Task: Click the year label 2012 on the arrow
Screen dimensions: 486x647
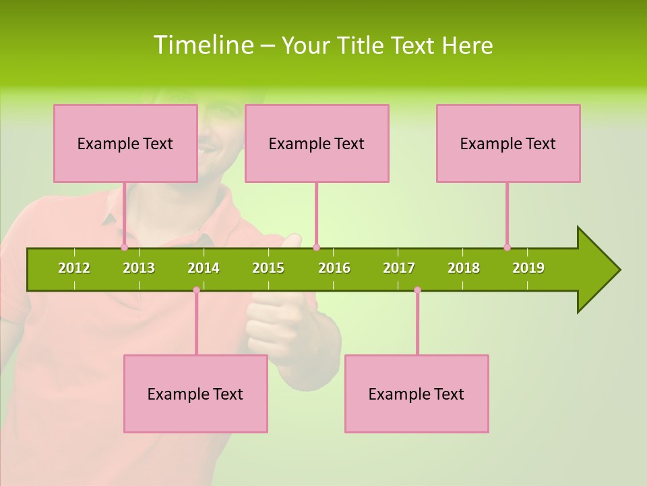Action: pyautogui.click(x=74, y=268)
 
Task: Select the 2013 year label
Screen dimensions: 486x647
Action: pyautogui.click(x=139, y=268)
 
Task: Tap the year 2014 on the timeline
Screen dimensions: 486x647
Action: pyautogui.click(x=204, y=268)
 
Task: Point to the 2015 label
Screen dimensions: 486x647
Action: pyautogui.click(x=268, y=268)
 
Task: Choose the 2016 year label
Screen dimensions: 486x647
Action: pyautogui.click(x=334, y=268)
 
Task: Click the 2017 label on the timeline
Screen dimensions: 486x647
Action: pyautogui.click(x=399, y=268)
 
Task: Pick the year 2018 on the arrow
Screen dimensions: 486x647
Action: pyautogui.click(x=464, y=268)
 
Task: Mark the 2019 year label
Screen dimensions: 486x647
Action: pyautogui.click(x=528, y=268)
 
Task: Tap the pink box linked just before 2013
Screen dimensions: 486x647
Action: pyautogui.click(x=125, y=143)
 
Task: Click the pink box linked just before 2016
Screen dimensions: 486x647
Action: pyautogui.click(x=317, y=143)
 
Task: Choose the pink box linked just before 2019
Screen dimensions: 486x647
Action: pyautogui.click(x=508, y=143)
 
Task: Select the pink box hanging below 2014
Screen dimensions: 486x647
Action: pyautogui.click(x=195, y=394)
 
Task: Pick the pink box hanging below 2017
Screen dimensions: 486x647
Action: pyautogui.click(x=417, y=394)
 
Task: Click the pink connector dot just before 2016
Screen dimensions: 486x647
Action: pyautogui.click(x=316, y=247)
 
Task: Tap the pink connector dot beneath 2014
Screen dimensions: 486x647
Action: pyautogui.click(x=196, y=290)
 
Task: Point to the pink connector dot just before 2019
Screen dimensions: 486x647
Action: pyautogui.click(x=507, y=247)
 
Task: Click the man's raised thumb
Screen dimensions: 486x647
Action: pyautogui.click(x=291, y=240)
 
